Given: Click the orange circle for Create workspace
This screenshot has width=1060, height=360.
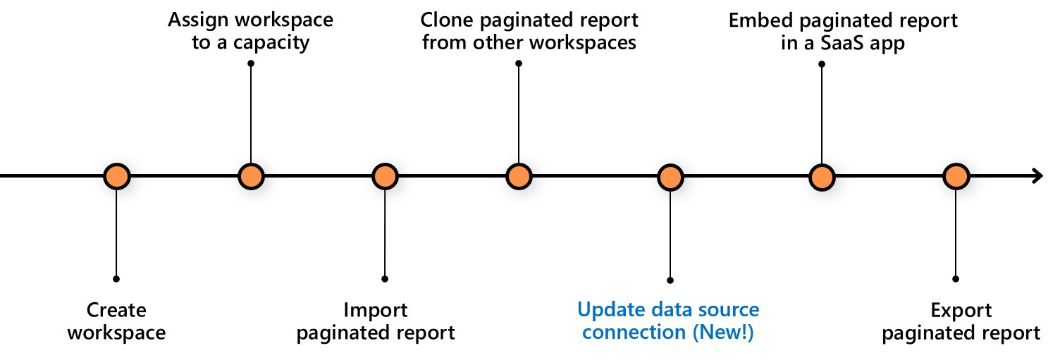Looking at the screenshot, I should [116, 176].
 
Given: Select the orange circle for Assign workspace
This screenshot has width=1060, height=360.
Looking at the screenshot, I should [251, 176].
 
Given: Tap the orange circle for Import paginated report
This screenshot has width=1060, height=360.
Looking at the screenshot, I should [385, 176].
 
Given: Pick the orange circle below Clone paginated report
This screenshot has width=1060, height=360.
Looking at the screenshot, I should [519, 176].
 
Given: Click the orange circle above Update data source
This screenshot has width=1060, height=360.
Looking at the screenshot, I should [670, 176].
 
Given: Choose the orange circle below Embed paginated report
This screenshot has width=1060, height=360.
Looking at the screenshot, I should [821, 176].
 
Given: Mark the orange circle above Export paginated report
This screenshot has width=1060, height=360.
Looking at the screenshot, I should [956, 176].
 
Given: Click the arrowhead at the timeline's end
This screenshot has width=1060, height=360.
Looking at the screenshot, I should [1037, 176].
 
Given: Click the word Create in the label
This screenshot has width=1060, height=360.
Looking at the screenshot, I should [116, 311].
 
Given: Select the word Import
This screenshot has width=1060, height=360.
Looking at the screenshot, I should [375, 311].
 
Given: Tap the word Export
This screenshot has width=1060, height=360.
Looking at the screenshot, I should [961, 311].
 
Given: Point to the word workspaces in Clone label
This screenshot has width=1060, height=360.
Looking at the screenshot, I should [582, 42].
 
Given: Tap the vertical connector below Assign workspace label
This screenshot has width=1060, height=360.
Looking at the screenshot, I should [251, 113].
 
